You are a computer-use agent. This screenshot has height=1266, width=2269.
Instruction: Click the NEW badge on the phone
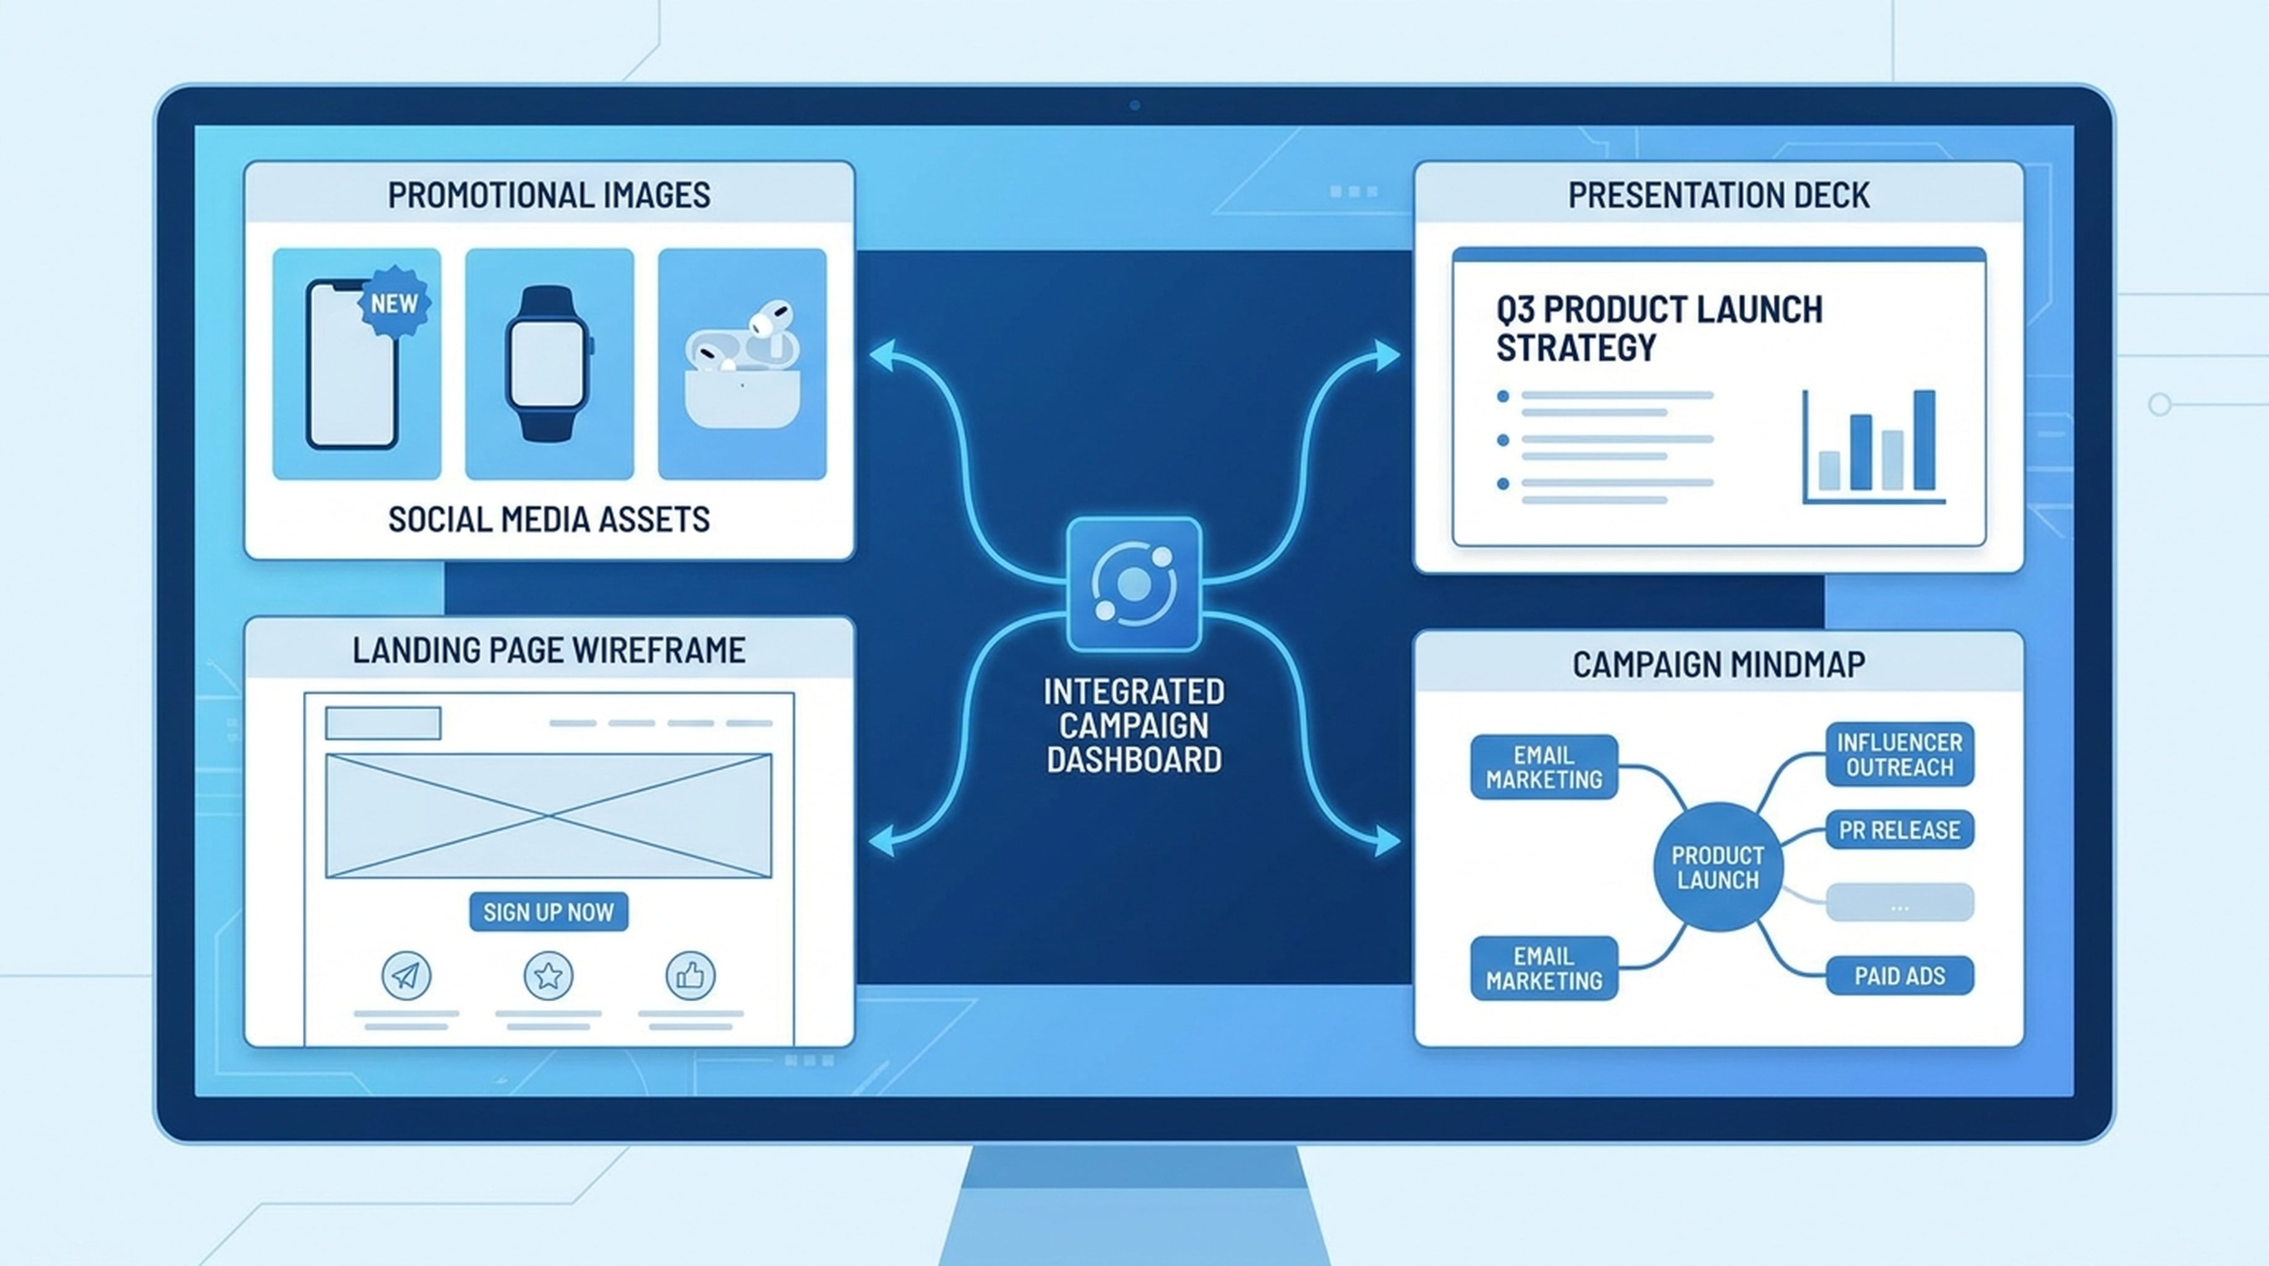pos(394,303)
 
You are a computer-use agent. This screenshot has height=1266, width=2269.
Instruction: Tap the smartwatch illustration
pos(549,363)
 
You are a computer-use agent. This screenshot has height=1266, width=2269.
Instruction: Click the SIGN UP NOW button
pos(549,911)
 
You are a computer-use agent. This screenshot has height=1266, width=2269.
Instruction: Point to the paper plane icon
pos(406,975)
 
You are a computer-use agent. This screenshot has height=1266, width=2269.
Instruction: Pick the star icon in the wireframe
pos(548,975)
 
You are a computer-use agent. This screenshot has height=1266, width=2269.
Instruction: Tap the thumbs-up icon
pos(691,975)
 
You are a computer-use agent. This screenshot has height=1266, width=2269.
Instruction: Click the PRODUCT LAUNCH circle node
pos(1717,867)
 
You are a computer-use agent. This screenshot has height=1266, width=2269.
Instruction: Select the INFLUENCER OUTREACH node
pos(1900,755)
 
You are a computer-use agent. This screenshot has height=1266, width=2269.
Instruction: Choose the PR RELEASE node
pos(1900,830)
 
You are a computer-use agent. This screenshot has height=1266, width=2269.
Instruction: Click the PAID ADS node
pos(1900,975)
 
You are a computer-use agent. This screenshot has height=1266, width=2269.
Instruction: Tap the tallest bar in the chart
pos(1925,440)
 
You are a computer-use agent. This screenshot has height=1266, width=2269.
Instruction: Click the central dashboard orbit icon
pos(1134,584)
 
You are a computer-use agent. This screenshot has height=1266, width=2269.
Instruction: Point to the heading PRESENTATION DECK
pos(1719,195)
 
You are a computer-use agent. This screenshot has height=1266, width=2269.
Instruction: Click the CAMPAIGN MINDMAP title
pos(1719,664)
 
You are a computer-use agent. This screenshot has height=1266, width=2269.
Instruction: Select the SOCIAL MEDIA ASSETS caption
pos(549,519)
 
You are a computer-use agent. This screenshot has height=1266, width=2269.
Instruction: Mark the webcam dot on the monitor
pos(1134,104)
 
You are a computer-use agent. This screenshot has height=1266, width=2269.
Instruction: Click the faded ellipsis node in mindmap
pos(1900,903)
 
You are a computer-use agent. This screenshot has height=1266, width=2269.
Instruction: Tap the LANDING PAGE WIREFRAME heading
pos(549,650)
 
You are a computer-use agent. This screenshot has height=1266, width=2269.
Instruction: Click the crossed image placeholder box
pos(549,816)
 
